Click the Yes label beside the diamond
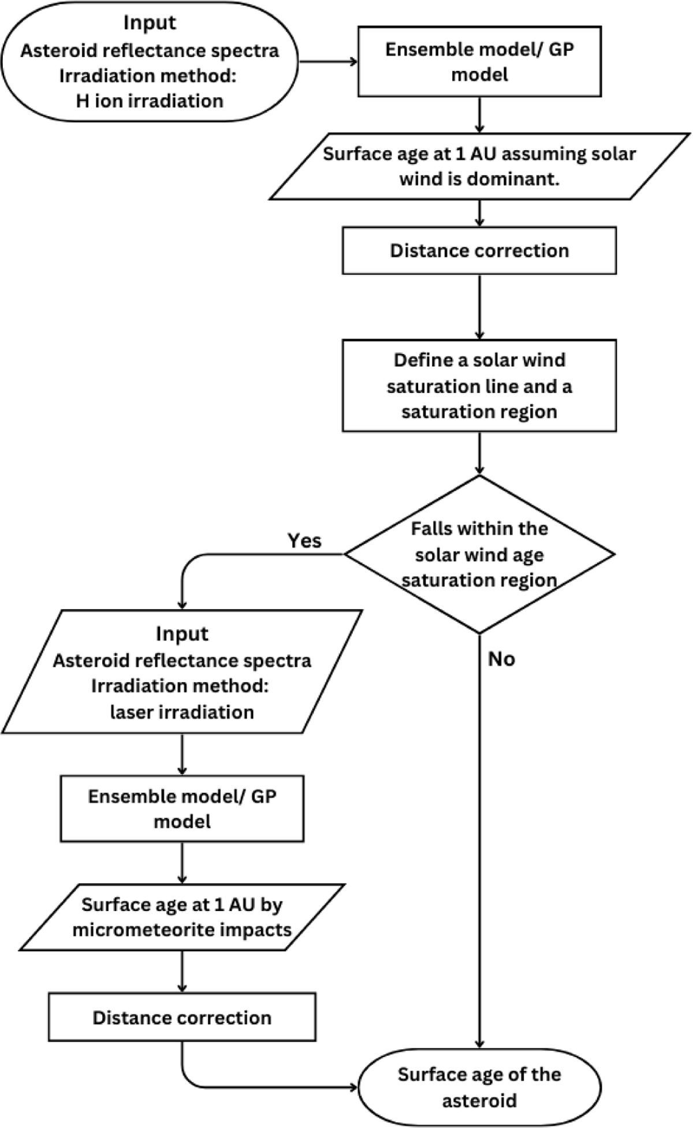click(x=304, y=541)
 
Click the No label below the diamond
click(x=501, y=659)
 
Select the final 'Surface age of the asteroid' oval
click(x=479, y=1087)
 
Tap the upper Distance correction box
click(x=479, y=251)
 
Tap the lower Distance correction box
click(x=182, y=1017)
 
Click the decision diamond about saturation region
click(x=479, y=554)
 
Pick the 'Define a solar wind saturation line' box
click(x=479, y=386)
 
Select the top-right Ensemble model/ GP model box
click(x=479, y=62)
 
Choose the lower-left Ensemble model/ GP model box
click(x=182, y=808)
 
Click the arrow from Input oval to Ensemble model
click(x=328, y=61)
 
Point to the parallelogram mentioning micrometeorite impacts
click(x=182, y=917)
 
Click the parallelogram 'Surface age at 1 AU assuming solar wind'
click(x=479, y=166)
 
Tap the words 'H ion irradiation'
click(x=150, y=101)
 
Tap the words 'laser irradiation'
click(x=182, y=712)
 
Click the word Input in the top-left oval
click(x=150, y=23)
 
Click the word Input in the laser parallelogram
click(x=182, y=634)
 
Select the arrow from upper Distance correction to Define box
click(x=479, y=307)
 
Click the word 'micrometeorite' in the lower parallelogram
click(x=139, y=930)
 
